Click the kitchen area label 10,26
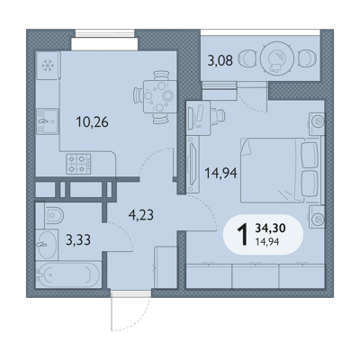(x=92, y=122)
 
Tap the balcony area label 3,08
(x=220, y=60)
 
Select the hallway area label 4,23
(x=141, y=215)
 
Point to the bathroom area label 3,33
(x=78, y=240)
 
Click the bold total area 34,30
(x=270, y=229)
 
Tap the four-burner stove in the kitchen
(x=78, y=164)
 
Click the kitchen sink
(x=48, y=121)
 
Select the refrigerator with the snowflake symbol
(x=48, y=65)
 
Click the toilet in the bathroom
(x=54, y=215)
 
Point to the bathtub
(x=67, y=274)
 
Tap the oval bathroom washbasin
(x=47, y=245)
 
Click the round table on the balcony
(x=277, y=58)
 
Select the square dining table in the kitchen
(x=160, y=96)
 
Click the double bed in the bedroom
(x=282, y=170)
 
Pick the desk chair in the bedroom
(x=218, y=115)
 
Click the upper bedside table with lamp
(x=317, y=123)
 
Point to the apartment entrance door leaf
(x=112, y=310)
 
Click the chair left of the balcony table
(x=247, y=58)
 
